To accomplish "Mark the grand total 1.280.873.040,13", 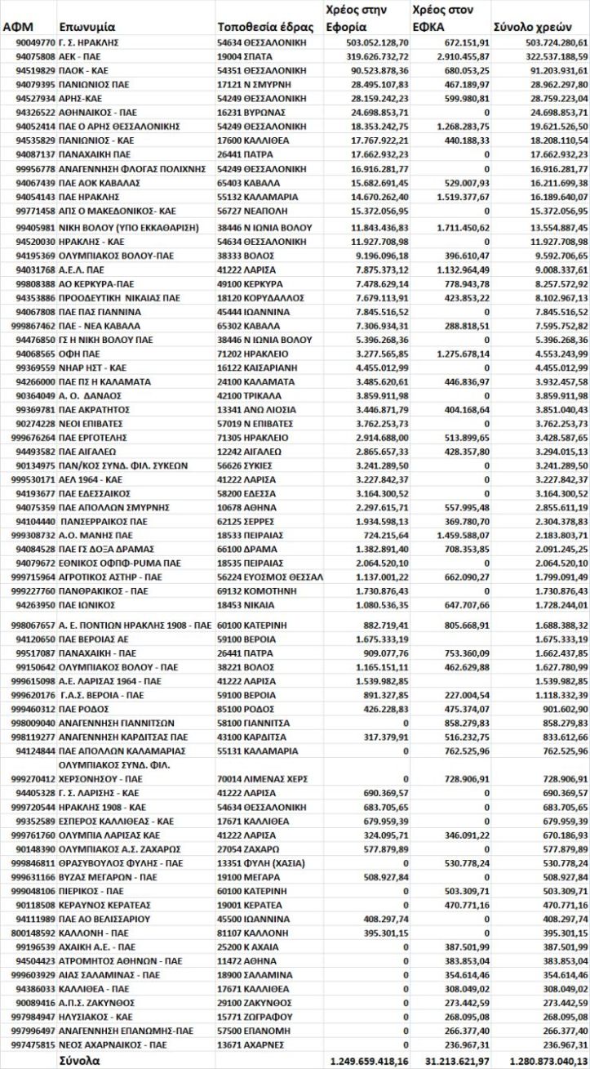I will point(540,1061).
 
